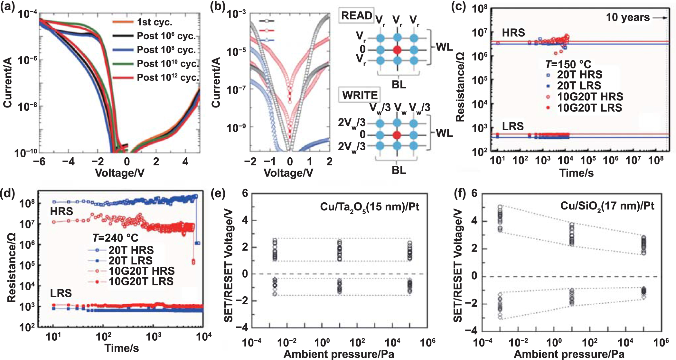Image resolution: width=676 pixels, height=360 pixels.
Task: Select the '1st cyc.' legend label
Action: pyautogui.click(x=155, y=22)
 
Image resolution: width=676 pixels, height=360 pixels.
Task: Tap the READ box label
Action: pyautogui.click(x=356, y=15)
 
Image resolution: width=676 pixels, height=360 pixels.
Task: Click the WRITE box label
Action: pyautogui.click(x=360, y=95)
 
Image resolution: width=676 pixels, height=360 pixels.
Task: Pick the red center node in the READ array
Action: pyautogui.click(x=397, y=50)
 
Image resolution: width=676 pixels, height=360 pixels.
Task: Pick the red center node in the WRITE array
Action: pyautogui.click(x=397, y=135)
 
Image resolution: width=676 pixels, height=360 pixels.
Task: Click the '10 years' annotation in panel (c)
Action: pyautogui.click(x=628, y=17)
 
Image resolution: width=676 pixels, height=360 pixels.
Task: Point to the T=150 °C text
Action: pyautogui.click(x=568, y=64)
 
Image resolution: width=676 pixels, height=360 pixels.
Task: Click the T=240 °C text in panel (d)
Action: pyautogui.click(x=115, y=238)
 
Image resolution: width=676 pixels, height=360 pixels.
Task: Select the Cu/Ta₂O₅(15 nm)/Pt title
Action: pyautogui.click(x=370, y=207)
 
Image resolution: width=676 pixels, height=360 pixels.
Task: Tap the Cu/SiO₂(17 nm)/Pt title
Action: pyautogui.click(x=607, y=206)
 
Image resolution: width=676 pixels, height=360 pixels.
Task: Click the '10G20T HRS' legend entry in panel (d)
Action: pyautogui.click(x=142, y=271)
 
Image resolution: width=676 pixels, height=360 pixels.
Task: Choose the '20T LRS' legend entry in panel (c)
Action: pyautogui.click(x=579, y=86)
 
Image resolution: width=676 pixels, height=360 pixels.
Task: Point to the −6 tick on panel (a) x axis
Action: pyautogui.click(x=39, y=162)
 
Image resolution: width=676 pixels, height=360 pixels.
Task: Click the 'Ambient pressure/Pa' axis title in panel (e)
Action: pyautogui.click(x=339, y=354)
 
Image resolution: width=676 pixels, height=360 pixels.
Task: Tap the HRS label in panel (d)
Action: pyautogui.click(x=61, y=211)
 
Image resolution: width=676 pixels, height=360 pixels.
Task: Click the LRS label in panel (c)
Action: pyautogui.click(x=513, y=126)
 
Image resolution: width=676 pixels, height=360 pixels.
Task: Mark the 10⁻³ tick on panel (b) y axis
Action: pyautogui.click(x=236, y=14)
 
